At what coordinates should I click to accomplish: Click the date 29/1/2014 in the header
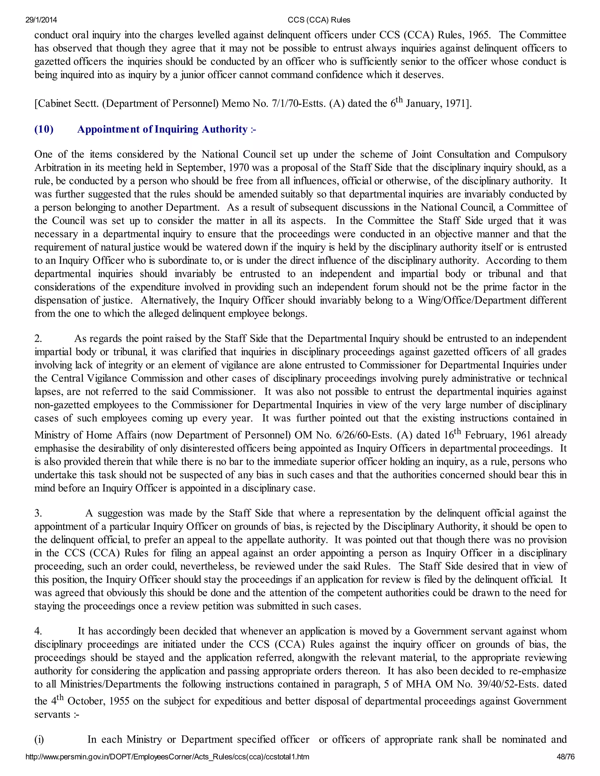tap(41, 20)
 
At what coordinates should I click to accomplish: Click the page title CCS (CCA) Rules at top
tap(319, 20)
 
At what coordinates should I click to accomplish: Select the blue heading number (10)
tap(44, 129)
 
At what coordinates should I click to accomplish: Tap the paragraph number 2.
tap(38, 339)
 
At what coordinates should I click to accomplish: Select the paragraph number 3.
tap(38, 513)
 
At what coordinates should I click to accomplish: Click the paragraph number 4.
tap(38, 631)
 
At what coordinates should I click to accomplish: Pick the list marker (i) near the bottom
tap(39, 739)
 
